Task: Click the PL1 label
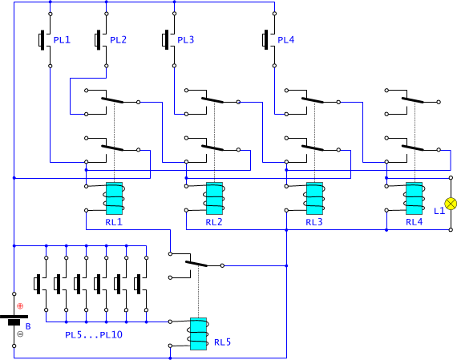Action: coord(62,39)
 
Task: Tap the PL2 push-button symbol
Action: coord(101,39)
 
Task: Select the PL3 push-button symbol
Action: coord(168,39)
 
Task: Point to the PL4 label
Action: coord(286,39)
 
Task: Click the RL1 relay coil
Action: coord(114,198)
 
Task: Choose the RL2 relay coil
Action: coord(214,198)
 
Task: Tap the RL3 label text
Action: coord(314,222)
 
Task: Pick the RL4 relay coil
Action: coord(415,198)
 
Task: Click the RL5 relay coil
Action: coord(198,334)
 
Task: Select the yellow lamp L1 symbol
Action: coord(451,204)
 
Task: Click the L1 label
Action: coord(439,211)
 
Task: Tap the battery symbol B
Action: coord(14,319)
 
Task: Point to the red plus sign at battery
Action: coord(20,305)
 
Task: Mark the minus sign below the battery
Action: coord(20,334)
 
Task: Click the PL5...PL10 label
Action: coord(94,334)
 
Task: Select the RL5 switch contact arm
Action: coord(196,264)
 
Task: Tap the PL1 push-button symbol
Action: coord(45,39)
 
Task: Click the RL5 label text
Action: coord(222,342)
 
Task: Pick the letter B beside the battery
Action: coord(28,326)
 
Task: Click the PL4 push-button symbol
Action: coord(269,39)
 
